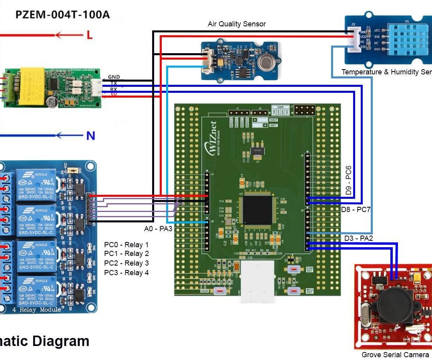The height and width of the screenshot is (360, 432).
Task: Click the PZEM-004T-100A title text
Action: point(62,15)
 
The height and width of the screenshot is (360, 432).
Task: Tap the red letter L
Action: point(89,35)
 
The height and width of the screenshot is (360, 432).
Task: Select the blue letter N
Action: point(90,136)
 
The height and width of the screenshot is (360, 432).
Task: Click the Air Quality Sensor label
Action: point(236,24)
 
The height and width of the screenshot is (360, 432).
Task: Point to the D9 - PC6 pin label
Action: point(348,180)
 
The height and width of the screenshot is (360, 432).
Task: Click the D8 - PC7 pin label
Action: point(356,209)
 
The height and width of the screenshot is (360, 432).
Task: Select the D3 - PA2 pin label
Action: point(359,238)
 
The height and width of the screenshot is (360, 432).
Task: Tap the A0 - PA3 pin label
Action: point(158,229)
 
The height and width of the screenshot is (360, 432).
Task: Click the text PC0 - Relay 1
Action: point(126,244)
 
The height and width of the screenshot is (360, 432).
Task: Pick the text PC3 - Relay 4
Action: point(126,273)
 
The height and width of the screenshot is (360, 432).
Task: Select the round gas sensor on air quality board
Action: point(266,61)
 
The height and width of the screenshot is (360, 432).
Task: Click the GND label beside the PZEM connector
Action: point(114,77)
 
